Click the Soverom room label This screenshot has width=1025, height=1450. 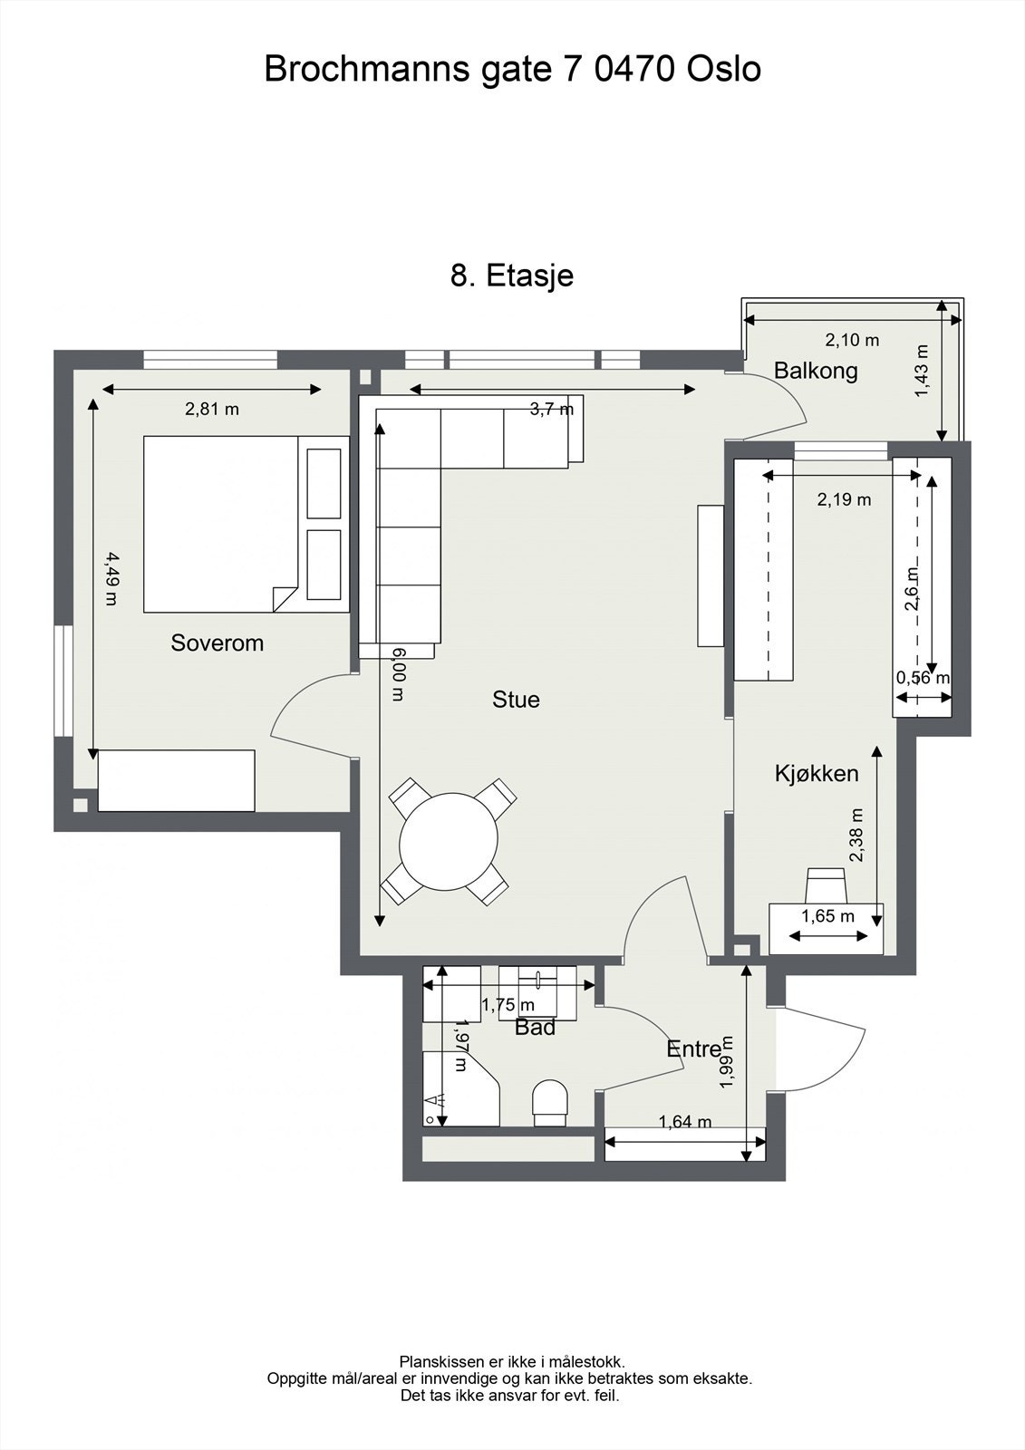(217, 643)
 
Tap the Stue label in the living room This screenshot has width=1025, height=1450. (516, 699)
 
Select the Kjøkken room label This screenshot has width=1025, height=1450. (817, 774)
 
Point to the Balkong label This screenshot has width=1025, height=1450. (816, 371)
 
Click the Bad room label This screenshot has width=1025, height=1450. (535, 1028)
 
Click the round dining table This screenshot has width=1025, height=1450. (449, 841)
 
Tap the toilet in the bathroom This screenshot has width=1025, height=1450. (550, 1102)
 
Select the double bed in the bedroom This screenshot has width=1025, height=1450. (221, 524)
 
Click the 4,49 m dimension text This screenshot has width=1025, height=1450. (111, 578)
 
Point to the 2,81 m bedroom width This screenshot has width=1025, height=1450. (212, 409)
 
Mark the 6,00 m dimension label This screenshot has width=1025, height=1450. (397, 673)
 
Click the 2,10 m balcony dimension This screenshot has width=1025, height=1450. (852, 340)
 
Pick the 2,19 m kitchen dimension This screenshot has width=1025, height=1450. (844, 499)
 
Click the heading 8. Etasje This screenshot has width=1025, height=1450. (512, 275)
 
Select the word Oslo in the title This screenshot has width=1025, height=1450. (723, 69)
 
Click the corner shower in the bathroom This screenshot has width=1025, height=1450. (460, 1088)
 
